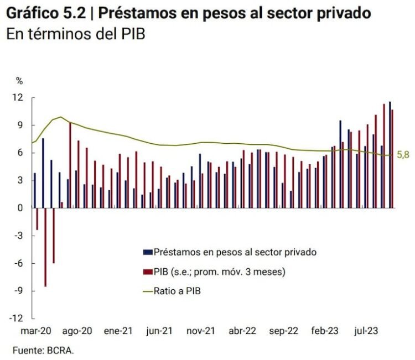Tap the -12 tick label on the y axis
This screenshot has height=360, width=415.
17,319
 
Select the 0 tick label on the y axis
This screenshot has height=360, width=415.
20,208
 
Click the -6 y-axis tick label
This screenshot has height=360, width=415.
19,263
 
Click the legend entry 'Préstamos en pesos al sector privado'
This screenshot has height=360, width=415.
235,252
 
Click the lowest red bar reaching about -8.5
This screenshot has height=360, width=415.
45,247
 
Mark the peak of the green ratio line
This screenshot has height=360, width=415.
60,117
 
